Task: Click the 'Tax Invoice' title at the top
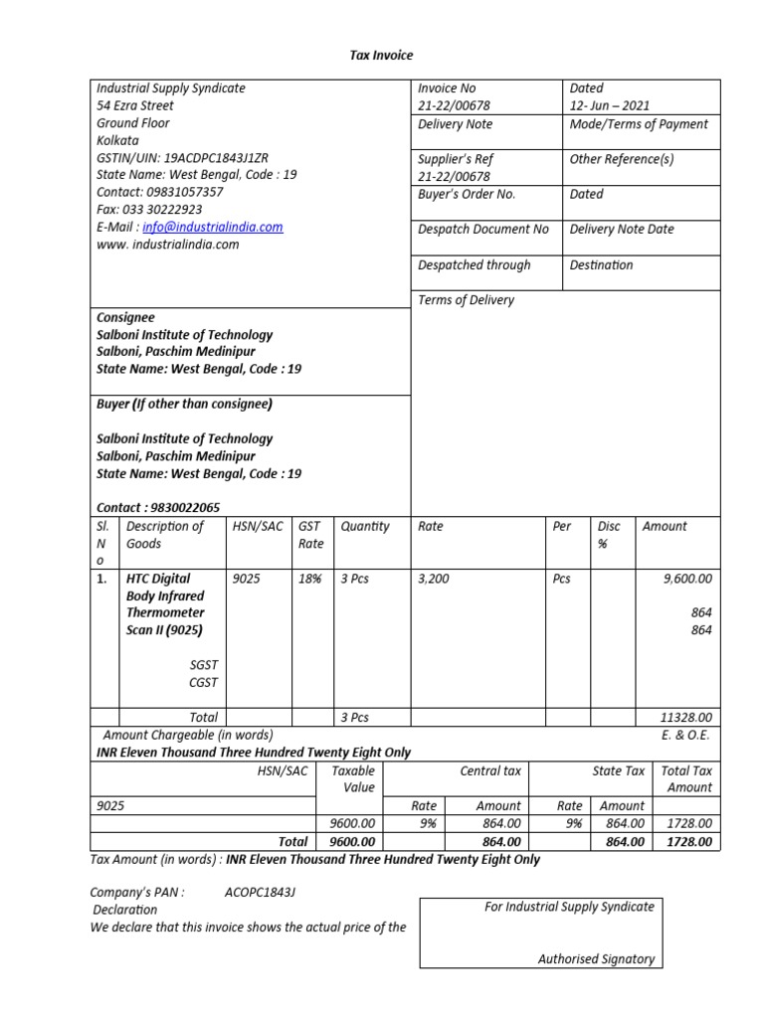click(x=380, y=55)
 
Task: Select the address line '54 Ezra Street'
click(x=134, y=105)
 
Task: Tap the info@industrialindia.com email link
click(x=212, y=227)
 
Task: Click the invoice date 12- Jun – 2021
click(x=609, y=105)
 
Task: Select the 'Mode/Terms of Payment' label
click(x=639, y=124)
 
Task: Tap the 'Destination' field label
click(x=601, y=265)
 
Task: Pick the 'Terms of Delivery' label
click(x=466, y=300)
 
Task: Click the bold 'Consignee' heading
click(x=125, y=317)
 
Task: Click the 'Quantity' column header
click(x=364, y=527)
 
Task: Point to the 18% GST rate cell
click(x=309, y=579)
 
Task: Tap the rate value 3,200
click(x=434, y=579)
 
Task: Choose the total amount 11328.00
click(x=685, y=717)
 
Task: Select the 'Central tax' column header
click(x=490, y=770)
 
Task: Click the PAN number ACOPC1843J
click(x=260, y=893)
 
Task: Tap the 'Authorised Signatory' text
click(x=596, y=959)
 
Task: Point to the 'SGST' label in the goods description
click(x=203, y=665)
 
